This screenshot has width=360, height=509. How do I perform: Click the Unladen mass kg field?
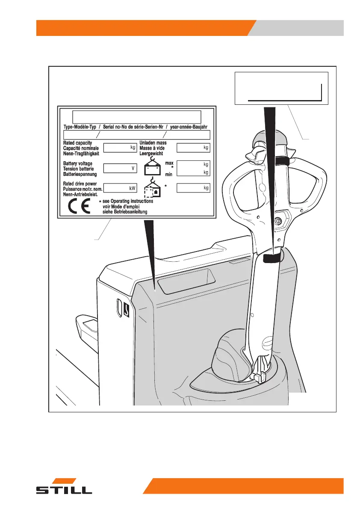(x=193, y=148)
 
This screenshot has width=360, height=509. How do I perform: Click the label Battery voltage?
(x=78, y=164)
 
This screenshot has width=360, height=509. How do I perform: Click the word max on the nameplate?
(x=169, y=163)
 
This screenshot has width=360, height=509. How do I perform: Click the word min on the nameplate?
(x=169, y=175)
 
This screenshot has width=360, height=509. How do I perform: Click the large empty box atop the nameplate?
(x=136, y=116)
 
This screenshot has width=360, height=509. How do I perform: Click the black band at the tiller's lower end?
(x=271, y=258)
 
